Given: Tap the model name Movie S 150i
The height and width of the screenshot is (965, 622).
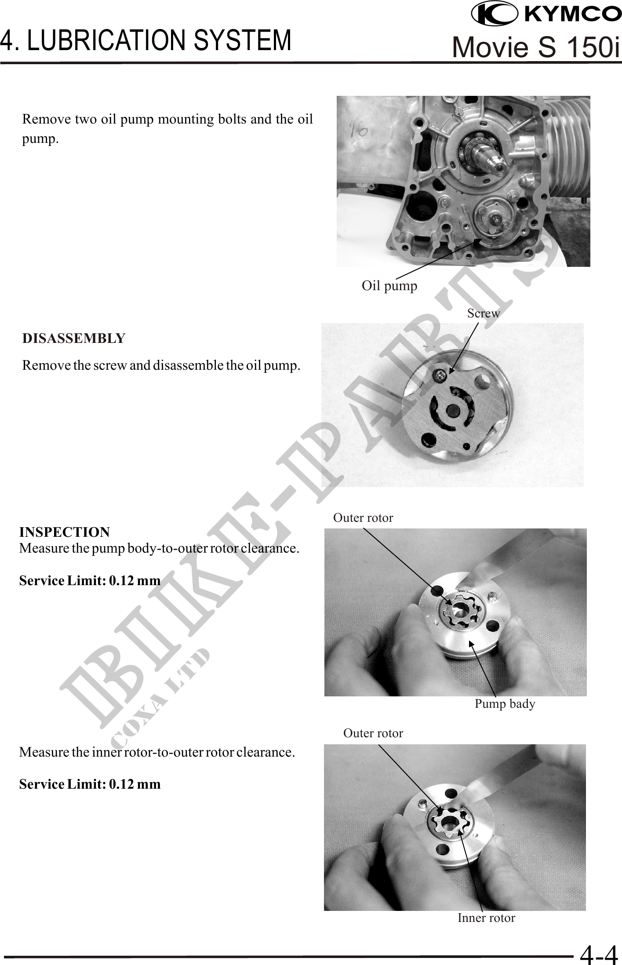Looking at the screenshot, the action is tap(536, 47).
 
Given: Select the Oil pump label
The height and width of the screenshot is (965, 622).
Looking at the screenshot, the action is tap(389, 286).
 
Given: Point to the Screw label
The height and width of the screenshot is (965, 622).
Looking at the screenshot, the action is tap(484, 313).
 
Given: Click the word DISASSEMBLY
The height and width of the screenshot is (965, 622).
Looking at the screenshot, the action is tap(74, 339).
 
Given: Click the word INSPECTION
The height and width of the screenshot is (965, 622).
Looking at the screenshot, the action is tap(65, 532).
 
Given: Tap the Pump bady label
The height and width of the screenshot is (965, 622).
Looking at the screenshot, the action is tap(505, 704).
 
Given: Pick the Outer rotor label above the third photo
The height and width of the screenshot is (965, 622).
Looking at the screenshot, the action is tap(363, 518).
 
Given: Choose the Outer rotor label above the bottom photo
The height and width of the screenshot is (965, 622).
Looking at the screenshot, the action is tap(373, 733).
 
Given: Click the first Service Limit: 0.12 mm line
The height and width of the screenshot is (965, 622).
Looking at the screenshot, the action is tap(90, 581).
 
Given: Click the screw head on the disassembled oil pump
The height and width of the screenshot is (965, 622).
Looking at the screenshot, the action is tap(440, 375).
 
